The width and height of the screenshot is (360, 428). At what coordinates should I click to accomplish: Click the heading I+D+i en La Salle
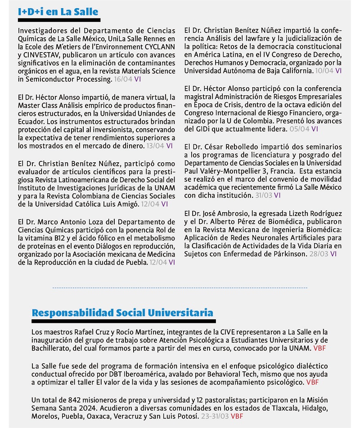[58, 11]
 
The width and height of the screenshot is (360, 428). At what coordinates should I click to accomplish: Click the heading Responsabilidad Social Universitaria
[122, 312]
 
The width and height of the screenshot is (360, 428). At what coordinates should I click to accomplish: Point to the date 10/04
[325, 71]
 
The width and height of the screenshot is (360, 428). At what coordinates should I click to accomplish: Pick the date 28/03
[319, 254]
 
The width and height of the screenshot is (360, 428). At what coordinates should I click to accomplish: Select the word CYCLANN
[160, 47]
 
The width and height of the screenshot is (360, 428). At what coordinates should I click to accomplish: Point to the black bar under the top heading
[59, 20]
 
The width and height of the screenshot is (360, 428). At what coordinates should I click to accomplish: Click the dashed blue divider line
[180, 287]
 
